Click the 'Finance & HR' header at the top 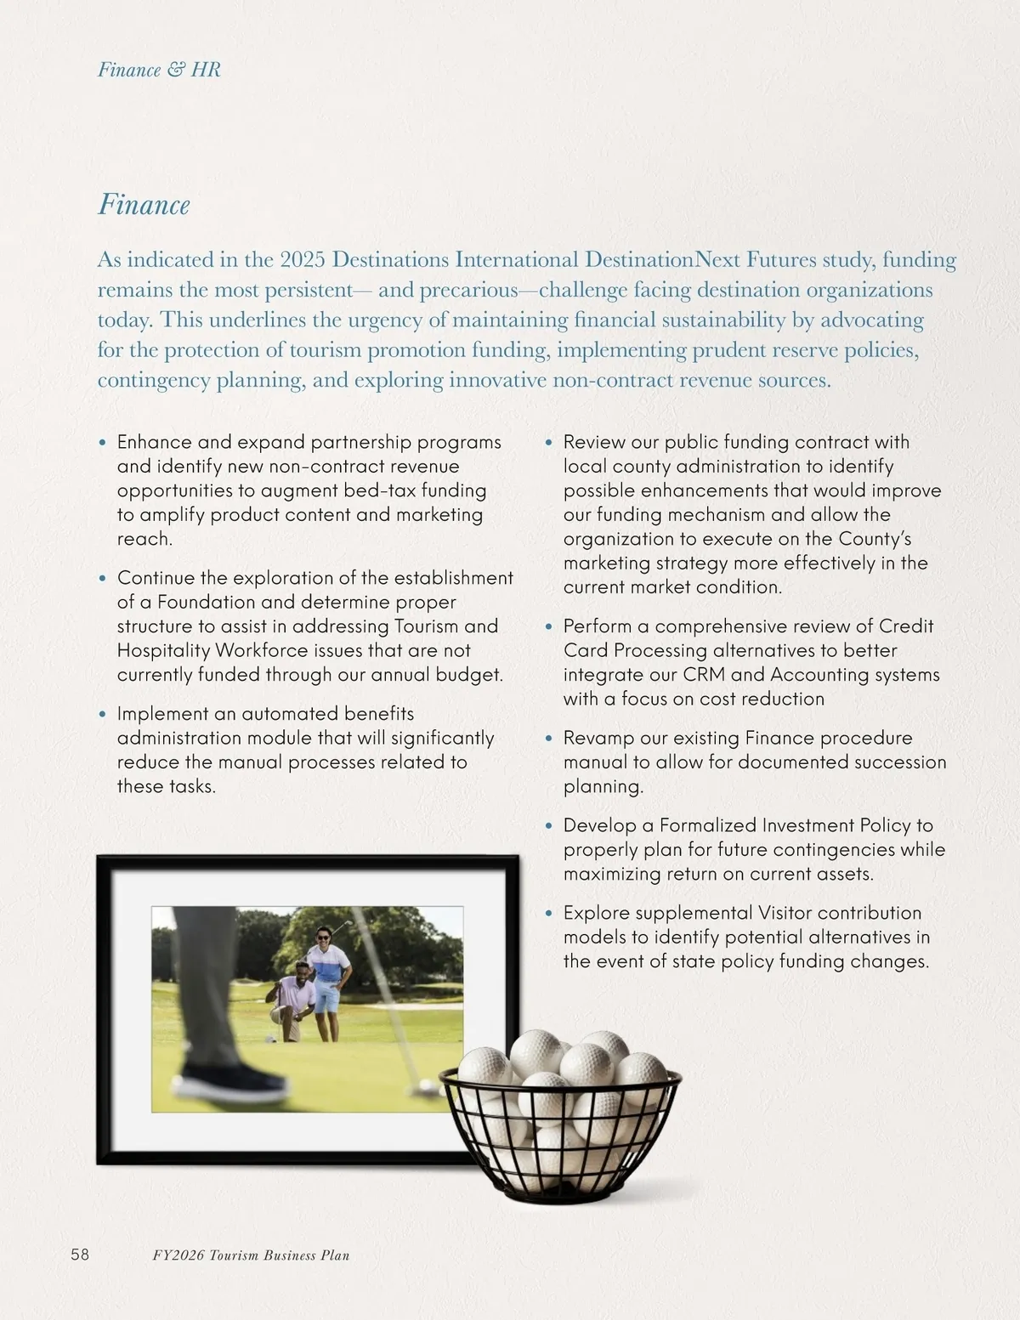point(159,70)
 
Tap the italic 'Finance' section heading point(144,205)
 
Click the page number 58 point(80,1255)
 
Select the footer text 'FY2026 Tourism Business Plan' point(245,1255)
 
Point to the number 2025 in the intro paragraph point(303,259)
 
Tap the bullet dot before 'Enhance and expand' point(104,443)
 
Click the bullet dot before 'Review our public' point(550,443)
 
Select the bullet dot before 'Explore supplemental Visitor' point(550,914)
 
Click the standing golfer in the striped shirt point(329,977)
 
